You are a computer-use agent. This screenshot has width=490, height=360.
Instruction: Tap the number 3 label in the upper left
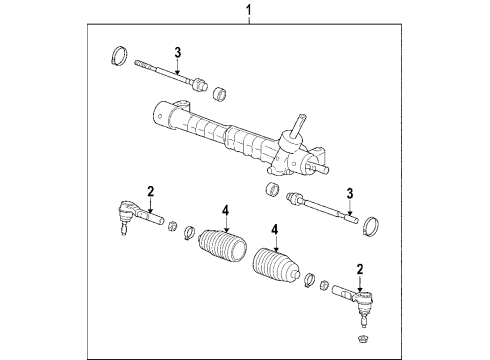pos(177,52)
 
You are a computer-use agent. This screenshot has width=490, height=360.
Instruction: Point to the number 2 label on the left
pos(149,191)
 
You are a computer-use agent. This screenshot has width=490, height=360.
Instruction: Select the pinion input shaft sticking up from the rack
pos(297,129)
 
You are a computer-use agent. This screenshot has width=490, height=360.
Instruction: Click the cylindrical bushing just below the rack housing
pos(271,190)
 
